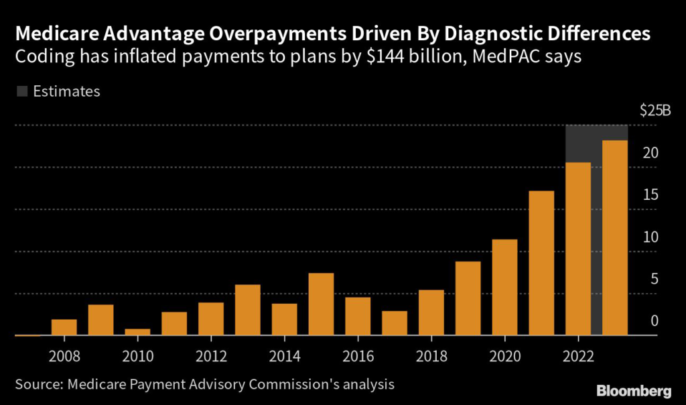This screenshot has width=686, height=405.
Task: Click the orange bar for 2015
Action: (321, 304)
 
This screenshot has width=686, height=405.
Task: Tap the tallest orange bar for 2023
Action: (615, 237)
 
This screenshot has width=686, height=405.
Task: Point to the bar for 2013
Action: (248, 310)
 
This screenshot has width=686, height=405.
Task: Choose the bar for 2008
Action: (64, 327)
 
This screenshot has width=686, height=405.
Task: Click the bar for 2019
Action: (468, 298)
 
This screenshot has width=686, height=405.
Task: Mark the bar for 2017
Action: (395, 323)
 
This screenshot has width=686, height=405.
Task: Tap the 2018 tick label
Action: (431, 355)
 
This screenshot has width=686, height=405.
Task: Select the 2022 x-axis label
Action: (578, 355)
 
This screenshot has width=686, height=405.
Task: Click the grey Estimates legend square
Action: (21, 92)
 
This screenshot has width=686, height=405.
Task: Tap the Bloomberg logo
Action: (634, 390)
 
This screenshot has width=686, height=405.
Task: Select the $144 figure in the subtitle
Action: (381, 57)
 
